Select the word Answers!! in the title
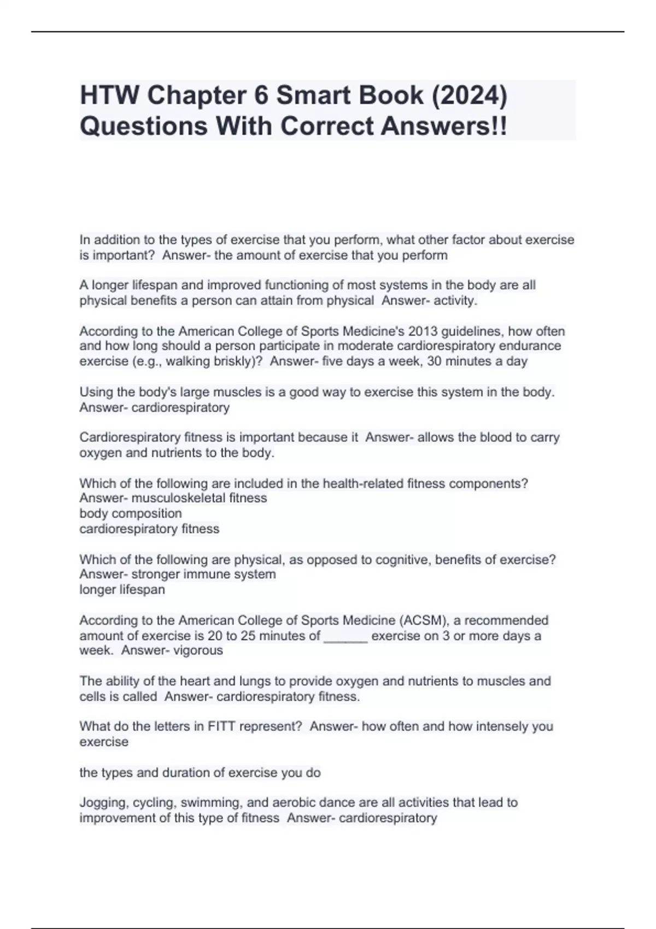(x=444, y=126)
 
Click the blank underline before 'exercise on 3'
(x=345, y=636)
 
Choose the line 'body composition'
(x=131, y=513)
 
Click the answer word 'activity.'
(x=455, y=301)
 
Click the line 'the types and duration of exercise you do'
(x=200, y=772)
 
